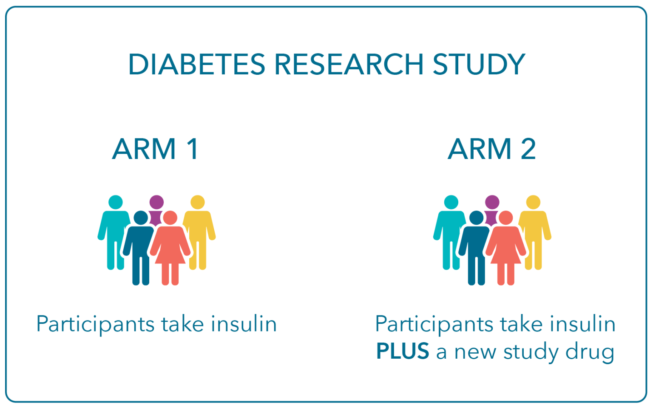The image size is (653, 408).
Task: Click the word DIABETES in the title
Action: click(x=196, y=65)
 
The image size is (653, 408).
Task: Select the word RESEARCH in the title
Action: click(x=349, y=65)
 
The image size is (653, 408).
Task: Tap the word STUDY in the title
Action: click(x=479, y=65)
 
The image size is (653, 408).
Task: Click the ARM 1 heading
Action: click(x=156, y=149)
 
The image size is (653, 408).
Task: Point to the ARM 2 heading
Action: click(x=491, y=149)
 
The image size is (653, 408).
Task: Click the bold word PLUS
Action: click(x=402, y=351)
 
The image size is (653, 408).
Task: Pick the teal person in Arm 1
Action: click(x=113, y=229)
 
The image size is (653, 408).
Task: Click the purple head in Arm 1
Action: click(x=156, y=202)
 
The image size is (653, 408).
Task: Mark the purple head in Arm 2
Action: click(x=492, y=202)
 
